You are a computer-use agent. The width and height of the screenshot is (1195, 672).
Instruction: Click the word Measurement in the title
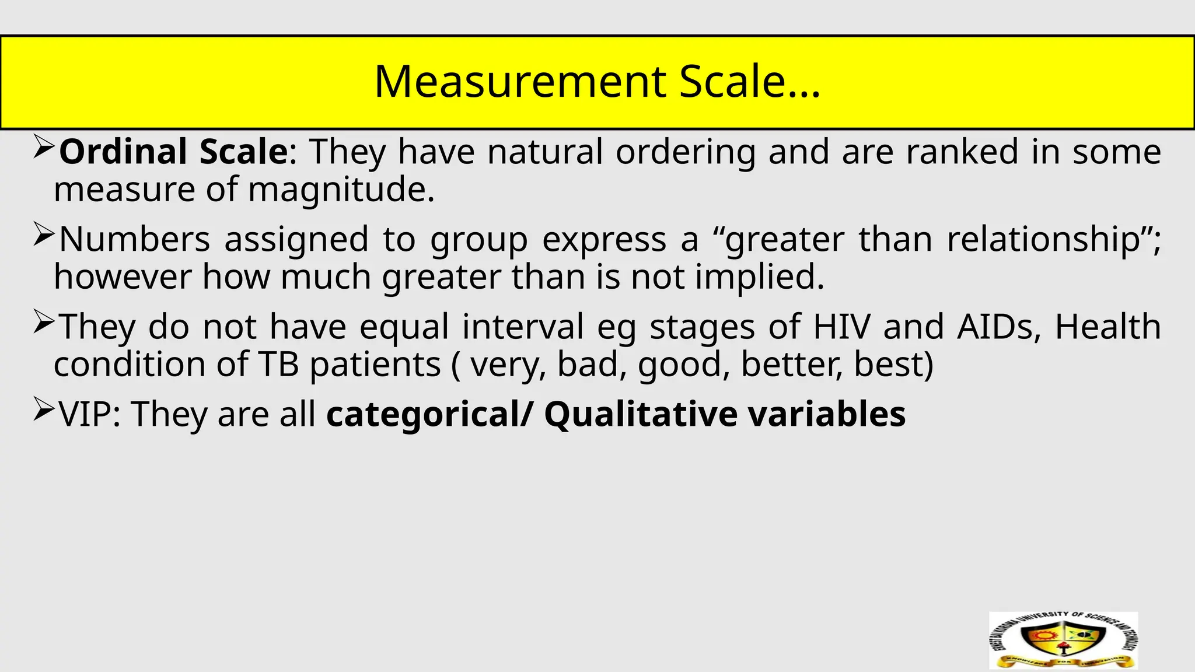tap(519, 82)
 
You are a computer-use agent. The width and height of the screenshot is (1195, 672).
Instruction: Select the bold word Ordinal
tap(123, 152)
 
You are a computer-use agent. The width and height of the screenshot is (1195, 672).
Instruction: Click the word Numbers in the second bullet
tap(134, 239)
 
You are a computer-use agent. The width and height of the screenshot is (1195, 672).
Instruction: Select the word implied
tap(760, 276)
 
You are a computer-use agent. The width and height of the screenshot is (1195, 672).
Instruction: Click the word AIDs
tap(999, 327)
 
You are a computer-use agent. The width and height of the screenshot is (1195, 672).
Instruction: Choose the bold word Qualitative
tap(640, 414)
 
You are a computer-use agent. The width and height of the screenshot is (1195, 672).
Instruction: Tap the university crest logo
tap(1063, 640)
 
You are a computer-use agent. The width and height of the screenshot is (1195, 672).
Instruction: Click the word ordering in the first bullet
tap(686, 152)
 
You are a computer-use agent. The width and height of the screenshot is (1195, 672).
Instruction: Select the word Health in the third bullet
tap(1107, 327)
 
